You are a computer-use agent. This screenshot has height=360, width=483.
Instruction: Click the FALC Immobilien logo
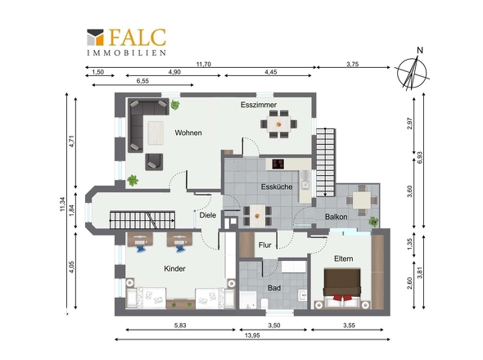click(127, 43)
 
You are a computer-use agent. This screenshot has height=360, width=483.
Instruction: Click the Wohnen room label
click(188, 133)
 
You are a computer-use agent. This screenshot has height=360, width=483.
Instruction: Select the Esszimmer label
click(259, 105)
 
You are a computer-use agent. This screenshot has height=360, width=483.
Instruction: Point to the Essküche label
click(277, 187)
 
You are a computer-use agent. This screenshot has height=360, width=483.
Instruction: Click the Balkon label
click(336, 217)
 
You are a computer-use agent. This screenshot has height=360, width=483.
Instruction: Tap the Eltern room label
click(344, 259)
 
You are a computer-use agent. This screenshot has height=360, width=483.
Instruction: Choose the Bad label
click(274, 288)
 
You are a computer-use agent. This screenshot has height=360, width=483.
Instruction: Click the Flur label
click(265, 245)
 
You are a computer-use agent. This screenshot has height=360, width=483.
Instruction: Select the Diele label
click(208, 215)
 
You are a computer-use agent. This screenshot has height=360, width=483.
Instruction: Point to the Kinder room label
click(174, 268)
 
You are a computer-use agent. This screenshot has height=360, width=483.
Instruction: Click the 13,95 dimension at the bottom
click(252, 335)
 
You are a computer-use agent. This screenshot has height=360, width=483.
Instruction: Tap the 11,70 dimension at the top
click(204, 64)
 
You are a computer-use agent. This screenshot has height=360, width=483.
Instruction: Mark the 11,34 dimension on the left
click(63, 204)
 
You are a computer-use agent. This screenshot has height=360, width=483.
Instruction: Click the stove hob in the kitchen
click(278, 164)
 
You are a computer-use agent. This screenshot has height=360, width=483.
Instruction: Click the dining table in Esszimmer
click(279, 124)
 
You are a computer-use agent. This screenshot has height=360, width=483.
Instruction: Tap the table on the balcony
click(362, 200)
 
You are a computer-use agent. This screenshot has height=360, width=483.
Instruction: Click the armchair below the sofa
click(154, 162)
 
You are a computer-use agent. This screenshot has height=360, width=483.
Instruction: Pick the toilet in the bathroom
click(264, 304)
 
